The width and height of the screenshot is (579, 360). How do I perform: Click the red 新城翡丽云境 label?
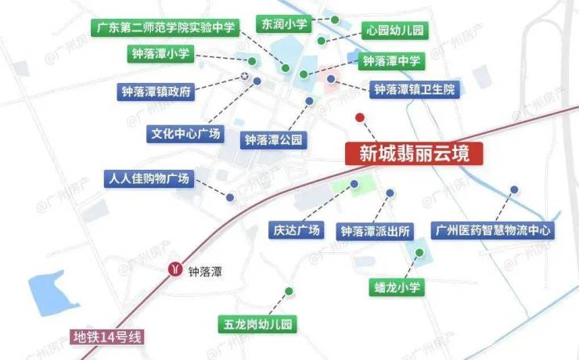(x=415, y=153)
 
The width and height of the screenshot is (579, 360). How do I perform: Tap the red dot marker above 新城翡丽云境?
(x=360, y=118)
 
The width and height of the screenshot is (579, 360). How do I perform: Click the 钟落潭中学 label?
(x=390, y=60)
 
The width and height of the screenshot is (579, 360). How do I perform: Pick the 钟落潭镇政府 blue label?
(x=156, y=92)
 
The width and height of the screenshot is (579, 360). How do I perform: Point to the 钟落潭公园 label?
(x=273, y=140)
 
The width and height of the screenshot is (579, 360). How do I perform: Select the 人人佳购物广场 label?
(x=147, y=178)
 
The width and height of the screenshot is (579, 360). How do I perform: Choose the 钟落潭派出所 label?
(x=376, y=231)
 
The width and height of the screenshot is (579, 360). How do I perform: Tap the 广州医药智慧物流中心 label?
(x=493, y=231)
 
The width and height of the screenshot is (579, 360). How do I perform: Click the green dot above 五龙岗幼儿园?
(x=289, y=292)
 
